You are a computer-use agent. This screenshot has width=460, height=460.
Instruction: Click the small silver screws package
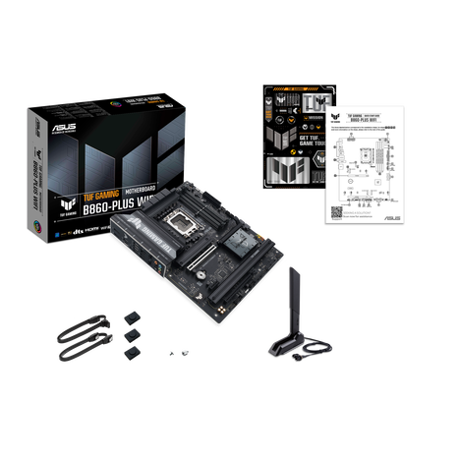coord(175,353)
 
